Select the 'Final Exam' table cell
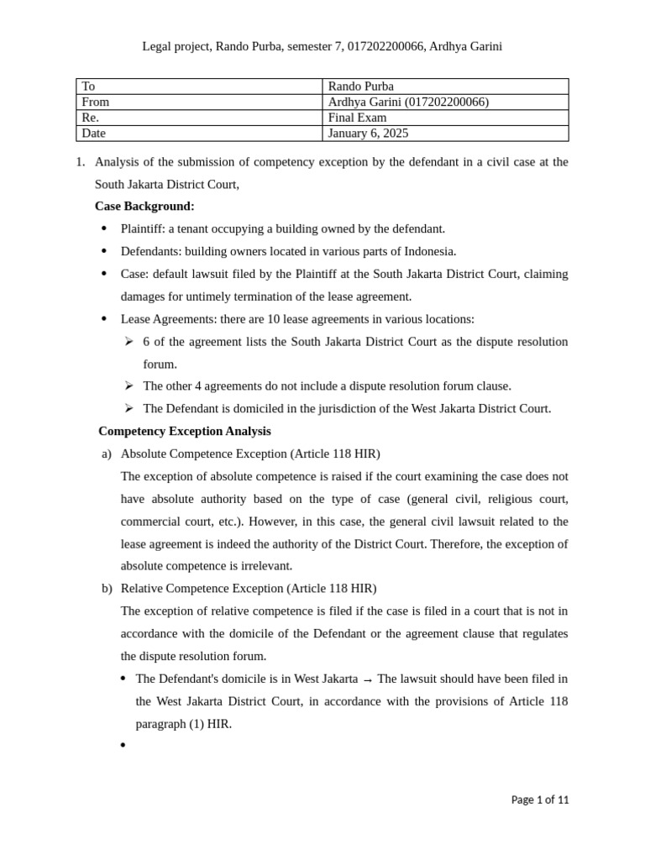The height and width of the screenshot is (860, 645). tap(357, 118)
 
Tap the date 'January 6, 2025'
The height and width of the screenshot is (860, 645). tap(368, 133)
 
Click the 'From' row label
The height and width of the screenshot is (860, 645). tap(96, 102)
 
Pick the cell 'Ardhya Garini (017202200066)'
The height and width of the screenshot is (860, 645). tap(408, 102)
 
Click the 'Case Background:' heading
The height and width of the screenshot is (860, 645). tap(144, 206)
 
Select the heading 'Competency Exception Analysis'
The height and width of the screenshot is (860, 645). tap(184, 431)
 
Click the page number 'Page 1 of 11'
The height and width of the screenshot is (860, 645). tap(540, 800)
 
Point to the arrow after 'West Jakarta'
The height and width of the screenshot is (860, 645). tap(367, 679)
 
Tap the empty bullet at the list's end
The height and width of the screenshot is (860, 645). tap(123, 745)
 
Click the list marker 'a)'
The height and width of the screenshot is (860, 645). tap(107, 454)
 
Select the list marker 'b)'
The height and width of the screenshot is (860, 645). tap(107, 588)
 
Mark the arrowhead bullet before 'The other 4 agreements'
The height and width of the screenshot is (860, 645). tap(129, 385)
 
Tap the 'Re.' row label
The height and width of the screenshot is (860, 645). tap(90, 118)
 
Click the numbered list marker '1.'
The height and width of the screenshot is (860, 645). tap(81, 161)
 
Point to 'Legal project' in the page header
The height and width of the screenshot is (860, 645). tap(176, 46)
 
